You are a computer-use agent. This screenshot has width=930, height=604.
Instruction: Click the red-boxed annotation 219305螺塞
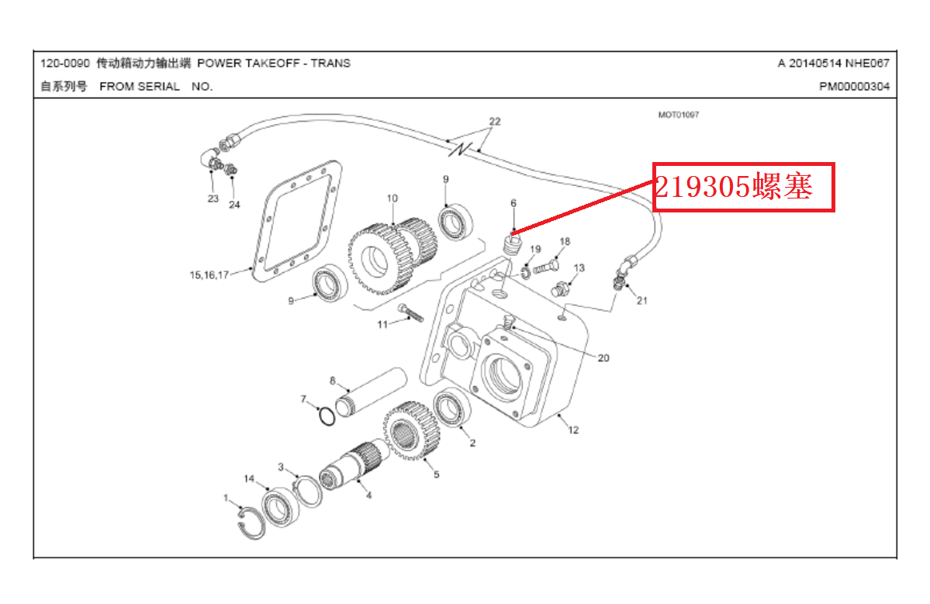[x=742, y=187]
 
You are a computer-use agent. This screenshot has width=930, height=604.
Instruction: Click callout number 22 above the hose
[x=495, y=122]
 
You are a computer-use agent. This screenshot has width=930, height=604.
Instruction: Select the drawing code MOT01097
[x=678, y=115]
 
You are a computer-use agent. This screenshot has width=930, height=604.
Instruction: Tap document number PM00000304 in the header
[x=854, y=87]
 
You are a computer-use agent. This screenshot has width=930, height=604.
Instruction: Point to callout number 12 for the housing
[x=573, y=430]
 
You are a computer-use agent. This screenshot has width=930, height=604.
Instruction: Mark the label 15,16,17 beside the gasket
[x=209, y=274]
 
